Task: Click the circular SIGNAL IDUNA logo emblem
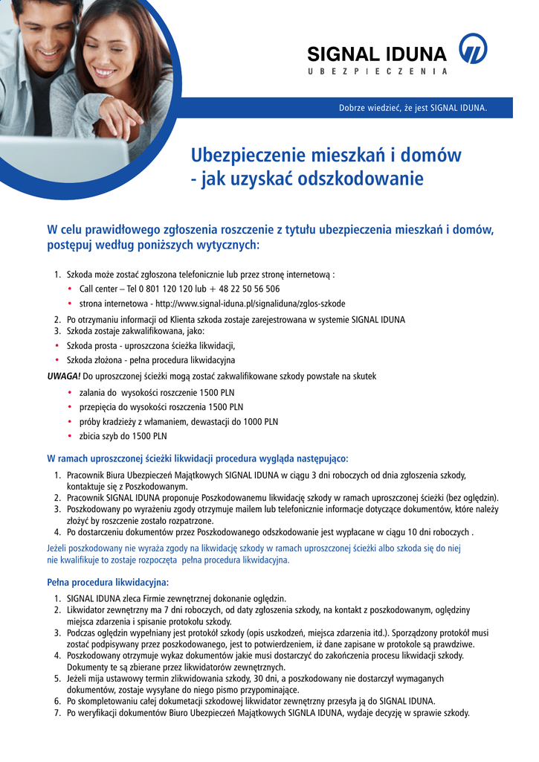pyautogui.click(x=473, y=49)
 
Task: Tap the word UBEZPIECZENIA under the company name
pyautogui.click(x=378, y=71)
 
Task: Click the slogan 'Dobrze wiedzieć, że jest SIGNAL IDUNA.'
pyautogui.click(x=413, y=108)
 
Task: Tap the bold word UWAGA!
pyautogui.click(x=64, y=376)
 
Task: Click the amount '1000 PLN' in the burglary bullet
pyautogui.click(x=261, y=421)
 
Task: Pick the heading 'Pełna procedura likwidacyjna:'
pyautogui.click(x=108, y=581)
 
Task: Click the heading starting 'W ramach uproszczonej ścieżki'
pyautogui.click(x=197, y=458)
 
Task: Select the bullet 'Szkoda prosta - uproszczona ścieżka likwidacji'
pyautogui.click(x=151, y=345)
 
